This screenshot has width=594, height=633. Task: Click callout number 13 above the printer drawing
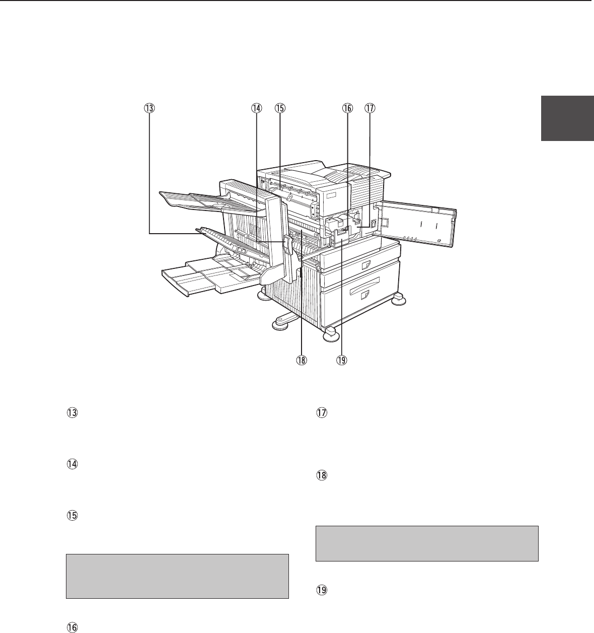coord(149,108)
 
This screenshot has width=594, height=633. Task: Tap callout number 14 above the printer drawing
coord(256,108)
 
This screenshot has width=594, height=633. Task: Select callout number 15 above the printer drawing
coord(280,108)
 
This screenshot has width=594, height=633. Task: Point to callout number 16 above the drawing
coord(347,108)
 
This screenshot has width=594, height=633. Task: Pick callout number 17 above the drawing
coord(370,108)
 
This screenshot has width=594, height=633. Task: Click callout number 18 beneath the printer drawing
coord(301,360)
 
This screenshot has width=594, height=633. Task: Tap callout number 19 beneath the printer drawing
coord(341,360)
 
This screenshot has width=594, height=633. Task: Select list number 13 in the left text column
coord(72,413)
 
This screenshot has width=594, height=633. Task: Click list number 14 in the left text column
coord(72,464)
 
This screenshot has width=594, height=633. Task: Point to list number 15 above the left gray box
coord(72,516)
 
